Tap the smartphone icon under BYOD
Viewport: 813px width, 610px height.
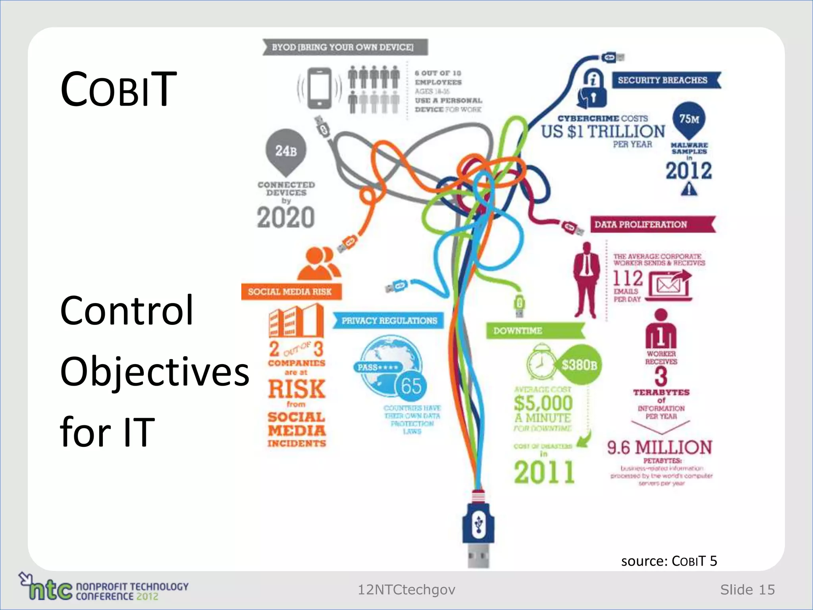(x=320, y=88)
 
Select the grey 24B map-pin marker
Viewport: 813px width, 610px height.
(x=286, y=151)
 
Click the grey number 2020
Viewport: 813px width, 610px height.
(x=286, y=217)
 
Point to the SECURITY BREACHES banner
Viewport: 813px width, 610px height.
(x=665, y=80)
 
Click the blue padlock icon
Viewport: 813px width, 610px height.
(x=592, y=89)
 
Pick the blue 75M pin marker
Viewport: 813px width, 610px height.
(x=689, y=119)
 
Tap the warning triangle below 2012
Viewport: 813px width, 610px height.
(x=689, y=189)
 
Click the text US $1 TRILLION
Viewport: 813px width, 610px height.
(x=603, y=131)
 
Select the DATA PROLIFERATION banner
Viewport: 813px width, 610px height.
(x=651, y=224)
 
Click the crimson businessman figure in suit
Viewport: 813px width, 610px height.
(x=587, y=280)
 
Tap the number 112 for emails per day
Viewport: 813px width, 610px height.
(x=628, y=278)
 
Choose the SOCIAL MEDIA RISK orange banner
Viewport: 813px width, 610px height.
(x=291, y=292)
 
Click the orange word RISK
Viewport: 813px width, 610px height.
(x=297, y=389)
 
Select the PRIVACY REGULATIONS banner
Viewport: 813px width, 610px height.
(x=388, y=320)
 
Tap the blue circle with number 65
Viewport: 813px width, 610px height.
(x=411, y=386)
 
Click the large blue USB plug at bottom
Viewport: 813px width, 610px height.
(x=478, y=524)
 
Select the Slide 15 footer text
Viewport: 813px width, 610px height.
(x=747, y=590)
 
